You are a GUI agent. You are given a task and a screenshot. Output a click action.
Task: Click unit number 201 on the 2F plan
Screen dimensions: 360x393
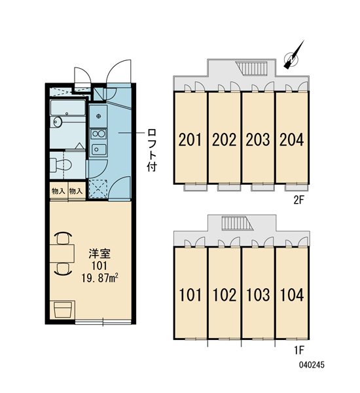[190, 140]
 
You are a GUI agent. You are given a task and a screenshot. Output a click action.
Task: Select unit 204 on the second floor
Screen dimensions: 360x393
[292, 140]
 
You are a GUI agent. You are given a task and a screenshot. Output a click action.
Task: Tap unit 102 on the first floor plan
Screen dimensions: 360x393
[225, 295]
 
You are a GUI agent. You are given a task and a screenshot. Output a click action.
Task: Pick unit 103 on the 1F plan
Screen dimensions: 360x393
[258, 295]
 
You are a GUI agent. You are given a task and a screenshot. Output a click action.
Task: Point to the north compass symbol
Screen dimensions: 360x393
[293, 56]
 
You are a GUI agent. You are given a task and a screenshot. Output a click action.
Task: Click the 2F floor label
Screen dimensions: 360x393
[298, 200]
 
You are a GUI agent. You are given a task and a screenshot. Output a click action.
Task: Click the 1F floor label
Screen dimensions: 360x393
[299, 350]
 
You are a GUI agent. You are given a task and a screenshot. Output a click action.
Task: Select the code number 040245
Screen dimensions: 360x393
[312, 365]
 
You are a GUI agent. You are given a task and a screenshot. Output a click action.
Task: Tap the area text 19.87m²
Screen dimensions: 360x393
[99, 278]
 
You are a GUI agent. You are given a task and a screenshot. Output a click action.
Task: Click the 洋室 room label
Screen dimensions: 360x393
[99, 254]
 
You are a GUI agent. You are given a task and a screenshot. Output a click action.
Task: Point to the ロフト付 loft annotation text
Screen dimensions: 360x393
[152, 150]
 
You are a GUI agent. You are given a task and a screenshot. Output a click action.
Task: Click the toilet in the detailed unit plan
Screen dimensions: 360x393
[60, 164]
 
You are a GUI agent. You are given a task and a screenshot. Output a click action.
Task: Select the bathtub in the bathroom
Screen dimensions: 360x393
[67, 108]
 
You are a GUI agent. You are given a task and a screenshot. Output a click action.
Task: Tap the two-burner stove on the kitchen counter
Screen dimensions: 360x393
[98, 134]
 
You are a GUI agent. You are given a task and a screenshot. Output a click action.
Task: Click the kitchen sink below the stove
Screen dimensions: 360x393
[98, 149]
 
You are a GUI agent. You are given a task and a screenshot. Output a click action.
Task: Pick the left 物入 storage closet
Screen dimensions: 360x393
[58, 191]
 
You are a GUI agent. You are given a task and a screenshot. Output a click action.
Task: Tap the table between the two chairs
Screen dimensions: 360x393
[62, 253]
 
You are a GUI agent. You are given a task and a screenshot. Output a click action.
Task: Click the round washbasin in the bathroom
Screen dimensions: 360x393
[58, 122]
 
